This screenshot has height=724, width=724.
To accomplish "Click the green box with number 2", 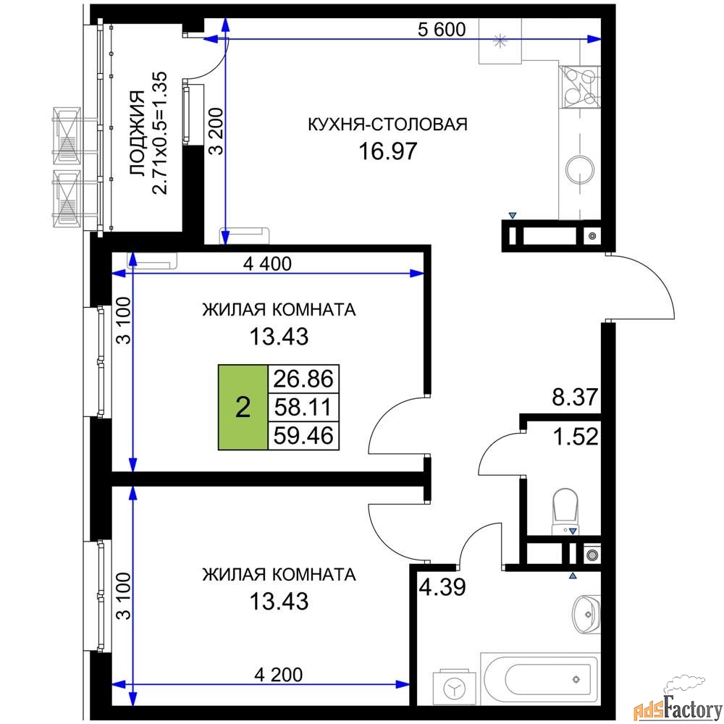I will click(243, 407).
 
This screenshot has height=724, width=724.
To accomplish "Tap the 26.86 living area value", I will click(303, 379).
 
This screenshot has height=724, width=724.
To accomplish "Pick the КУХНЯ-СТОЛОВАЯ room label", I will click(388, 125).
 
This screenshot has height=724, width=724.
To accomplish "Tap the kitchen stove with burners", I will click(579, 87).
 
